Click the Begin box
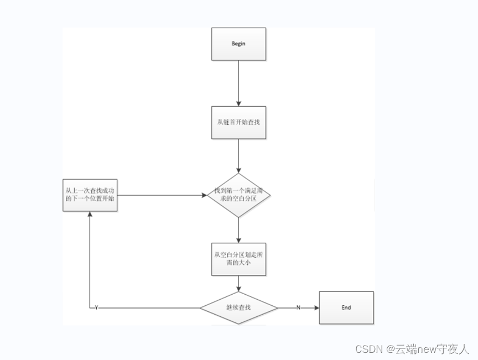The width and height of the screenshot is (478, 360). [238, 44]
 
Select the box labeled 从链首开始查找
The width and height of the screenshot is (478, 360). [238, 122]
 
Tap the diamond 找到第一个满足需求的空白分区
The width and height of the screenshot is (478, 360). [238, 195]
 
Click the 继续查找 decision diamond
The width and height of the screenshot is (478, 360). [238, 307]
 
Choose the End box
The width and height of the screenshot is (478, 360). [346, 307]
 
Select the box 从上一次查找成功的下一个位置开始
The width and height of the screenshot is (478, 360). [90, 195]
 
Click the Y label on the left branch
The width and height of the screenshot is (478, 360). [96, 308]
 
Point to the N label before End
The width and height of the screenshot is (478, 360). [298, 308]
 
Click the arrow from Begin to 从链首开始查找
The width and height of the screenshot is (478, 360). [238, 83]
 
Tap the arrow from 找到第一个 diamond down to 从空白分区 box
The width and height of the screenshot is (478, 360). [238, 229]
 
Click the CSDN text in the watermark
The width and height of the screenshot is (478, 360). [370, 349]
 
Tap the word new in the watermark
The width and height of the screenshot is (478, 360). [427, 349]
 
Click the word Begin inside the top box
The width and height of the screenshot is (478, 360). [238, 44]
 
